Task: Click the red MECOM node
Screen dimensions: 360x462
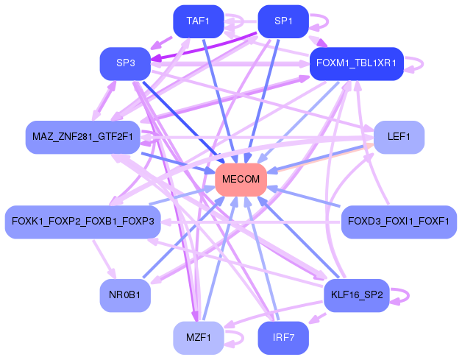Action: click(x=241, y=180)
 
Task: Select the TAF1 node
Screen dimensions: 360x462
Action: click(x=198, y=21)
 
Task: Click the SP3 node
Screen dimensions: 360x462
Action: click(x=125, y=63)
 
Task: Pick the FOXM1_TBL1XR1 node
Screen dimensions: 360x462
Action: click(x=356, y=63)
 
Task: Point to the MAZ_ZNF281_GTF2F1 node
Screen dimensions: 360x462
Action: click(x=82, y=137)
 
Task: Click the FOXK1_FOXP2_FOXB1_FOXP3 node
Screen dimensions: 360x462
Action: click(x=82, y=222)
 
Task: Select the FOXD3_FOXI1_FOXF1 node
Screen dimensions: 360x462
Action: click(x=398, y=222)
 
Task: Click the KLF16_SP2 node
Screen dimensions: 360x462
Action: click(x=356, y=295)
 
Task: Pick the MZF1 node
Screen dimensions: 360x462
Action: click(x=198, y=338)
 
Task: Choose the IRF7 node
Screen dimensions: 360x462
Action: click(x=283, y=338)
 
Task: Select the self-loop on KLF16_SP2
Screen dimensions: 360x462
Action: click(x=401, y=295)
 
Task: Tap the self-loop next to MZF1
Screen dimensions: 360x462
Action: click(x=235, y=338)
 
